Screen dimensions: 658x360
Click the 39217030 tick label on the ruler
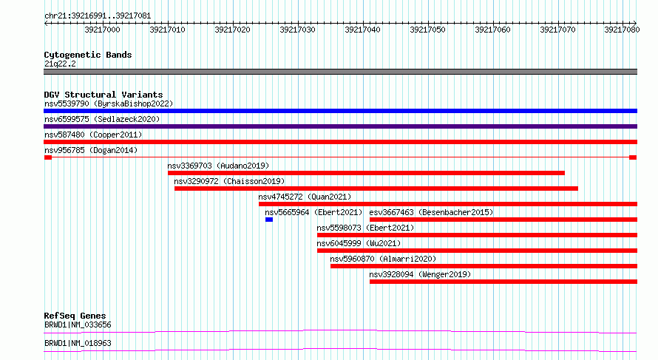[x=297, y=30]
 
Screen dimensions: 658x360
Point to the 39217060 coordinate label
[x=492, y=30]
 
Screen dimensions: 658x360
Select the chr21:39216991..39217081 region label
[x=98, y=16]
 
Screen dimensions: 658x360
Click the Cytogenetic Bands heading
[x=88, y=55]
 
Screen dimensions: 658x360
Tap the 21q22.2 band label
[x=60, y=64]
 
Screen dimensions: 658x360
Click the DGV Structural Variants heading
[x=104, y=95]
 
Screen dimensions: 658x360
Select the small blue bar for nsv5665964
[x=269, y=220]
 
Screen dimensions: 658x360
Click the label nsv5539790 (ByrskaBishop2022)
[x=109, y=103]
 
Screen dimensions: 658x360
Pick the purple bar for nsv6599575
[x=340, y=126]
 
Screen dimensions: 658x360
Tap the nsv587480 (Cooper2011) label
[x=93, y=135]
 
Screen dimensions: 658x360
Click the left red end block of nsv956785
[x=48, y=157]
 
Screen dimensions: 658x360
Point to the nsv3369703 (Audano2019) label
[x=218, y=166]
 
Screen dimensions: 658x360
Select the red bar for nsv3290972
[x=376, y=189]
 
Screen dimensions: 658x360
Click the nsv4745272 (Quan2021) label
[x=305, y=197]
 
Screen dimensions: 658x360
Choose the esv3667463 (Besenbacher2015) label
[x=431, y=212]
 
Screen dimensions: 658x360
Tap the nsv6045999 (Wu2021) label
[x=359, y=243]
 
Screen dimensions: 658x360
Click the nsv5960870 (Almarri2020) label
[x=383, y=259]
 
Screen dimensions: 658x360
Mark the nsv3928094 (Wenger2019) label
[x=420, y=274]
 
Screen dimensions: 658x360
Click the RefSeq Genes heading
[x=75, y=316]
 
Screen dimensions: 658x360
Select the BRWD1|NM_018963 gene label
[x=78, y=343]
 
